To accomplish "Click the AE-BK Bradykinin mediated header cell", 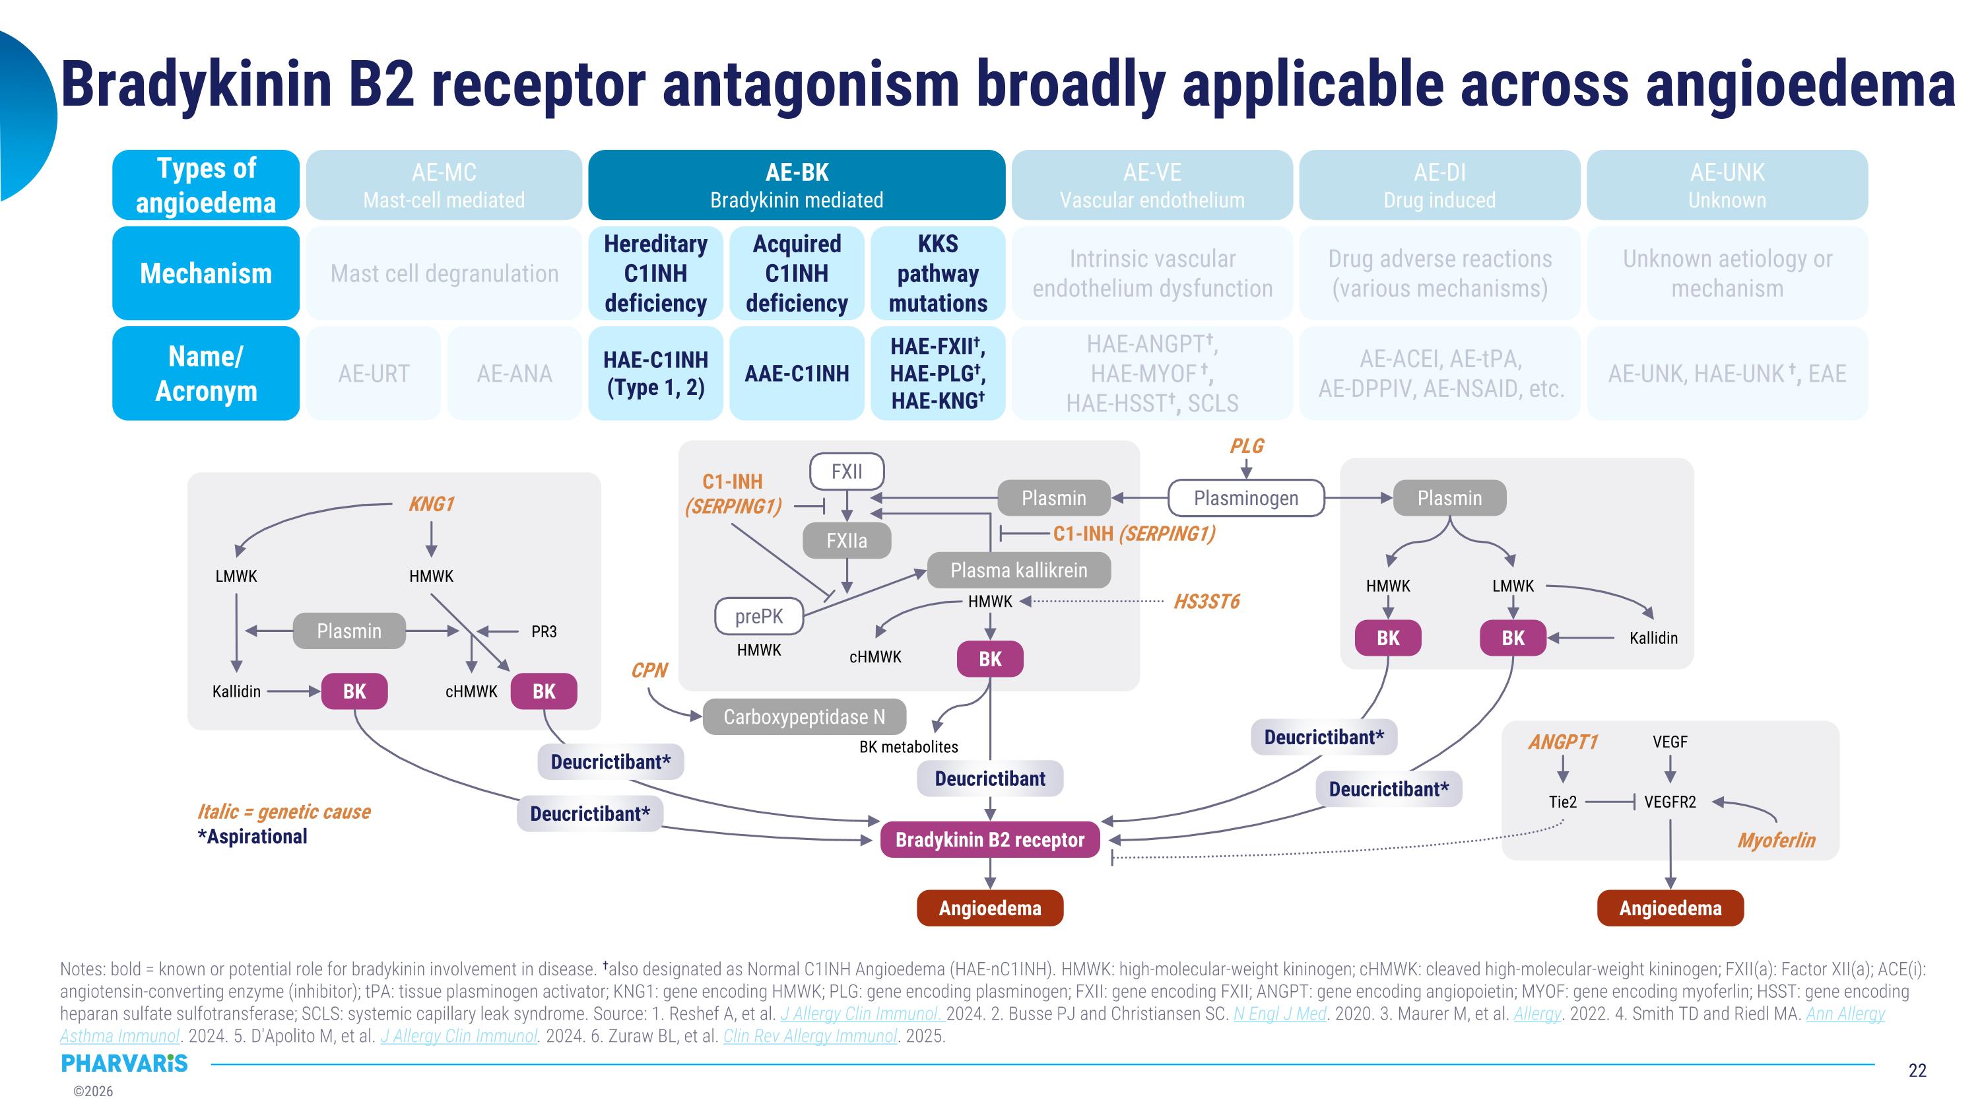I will pos(797,186).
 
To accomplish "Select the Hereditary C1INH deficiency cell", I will pos(655,273).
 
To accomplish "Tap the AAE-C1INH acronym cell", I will pos(797,374).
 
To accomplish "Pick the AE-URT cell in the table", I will pos(374,374).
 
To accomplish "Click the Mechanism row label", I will pos(205,273).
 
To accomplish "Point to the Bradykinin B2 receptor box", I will pos(989,839).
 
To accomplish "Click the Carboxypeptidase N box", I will pos(804,716).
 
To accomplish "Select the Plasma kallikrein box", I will pos(1018,571).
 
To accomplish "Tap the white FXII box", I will pos(846,471).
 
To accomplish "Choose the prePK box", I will pos(758,616).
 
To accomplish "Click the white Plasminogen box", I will pos(1245,498).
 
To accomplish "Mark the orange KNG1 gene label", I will pos(431,505).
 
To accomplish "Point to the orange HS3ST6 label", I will pos(1206,601).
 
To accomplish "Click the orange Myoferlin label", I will pos(1775,841).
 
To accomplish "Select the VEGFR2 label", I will pos(1670,802).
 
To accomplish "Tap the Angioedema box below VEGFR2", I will pos(1670,908).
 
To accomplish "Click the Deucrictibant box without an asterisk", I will pos(989,779).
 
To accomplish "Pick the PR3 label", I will pos(543,631).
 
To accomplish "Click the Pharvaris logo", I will pos(124,1063).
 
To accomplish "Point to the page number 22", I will pos(1917,1070).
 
